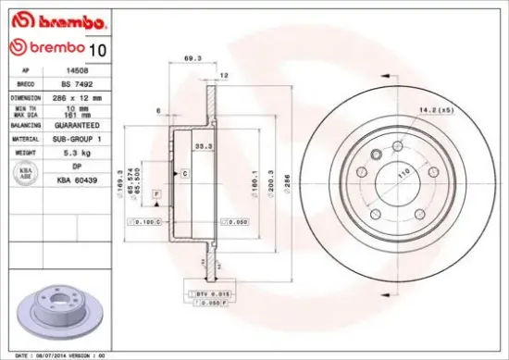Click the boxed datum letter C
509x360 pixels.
click(x=184, y=173)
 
